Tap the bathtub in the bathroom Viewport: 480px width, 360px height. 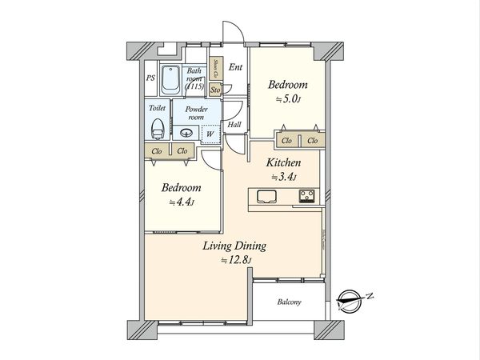170,80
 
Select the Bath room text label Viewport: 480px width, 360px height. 195,79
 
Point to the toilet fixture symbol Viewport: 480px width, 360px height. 158,127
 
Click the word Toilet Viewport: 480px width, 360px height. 158,107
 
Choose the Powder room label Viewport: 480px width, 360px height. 197,113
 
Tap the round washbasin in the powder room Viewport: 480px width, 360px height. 189,134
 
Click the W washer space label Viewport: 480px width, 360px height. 210,134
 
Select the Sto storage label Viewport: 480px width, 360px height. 215,90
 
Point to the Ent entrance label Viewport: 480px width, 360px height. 235,68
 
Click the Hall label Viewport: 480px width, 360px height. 234,125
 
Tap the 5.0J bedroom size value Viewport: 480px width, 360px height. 286,101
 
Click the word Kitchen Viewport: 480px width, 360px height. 283,162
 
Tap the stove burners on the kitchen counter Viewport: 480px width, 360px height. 308,197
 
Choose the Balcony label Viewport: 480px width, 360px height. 289,302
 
